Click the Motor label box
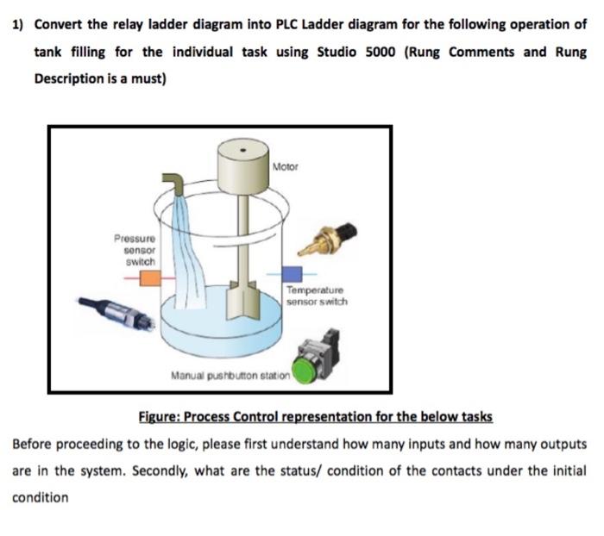click(285, 165)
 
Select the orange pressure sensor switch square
click(150, 277)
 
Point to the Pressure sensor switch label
click(135, 248)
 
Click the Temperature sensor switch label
click(317, 296)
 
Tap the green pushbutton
click(305, 373)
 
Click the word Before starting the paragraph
click(34, 444)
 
